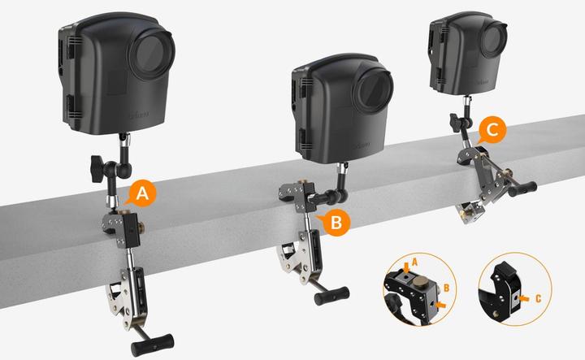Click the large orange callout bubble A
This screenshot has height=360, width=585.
[142, 194]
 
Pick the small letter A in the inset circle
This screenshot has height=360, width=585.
[414, 261]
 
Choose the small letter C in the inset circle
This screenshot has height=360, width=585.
[537, 299]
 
